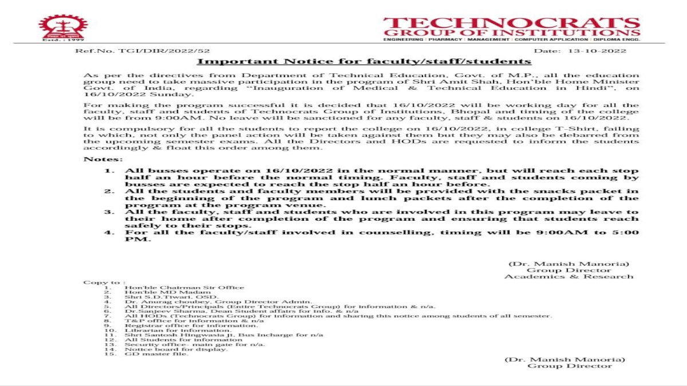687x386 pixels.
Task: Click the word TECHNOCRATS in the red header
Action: (511, 23)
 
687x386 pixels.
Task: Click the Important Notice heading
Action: (364, 61)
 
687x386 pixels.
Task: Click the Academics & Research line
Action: (568, 277)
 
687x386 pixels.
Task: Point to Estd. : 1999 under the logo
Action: (56, 41)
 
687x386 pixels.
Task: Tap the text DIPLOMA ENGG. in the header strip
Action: (618, 39)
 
